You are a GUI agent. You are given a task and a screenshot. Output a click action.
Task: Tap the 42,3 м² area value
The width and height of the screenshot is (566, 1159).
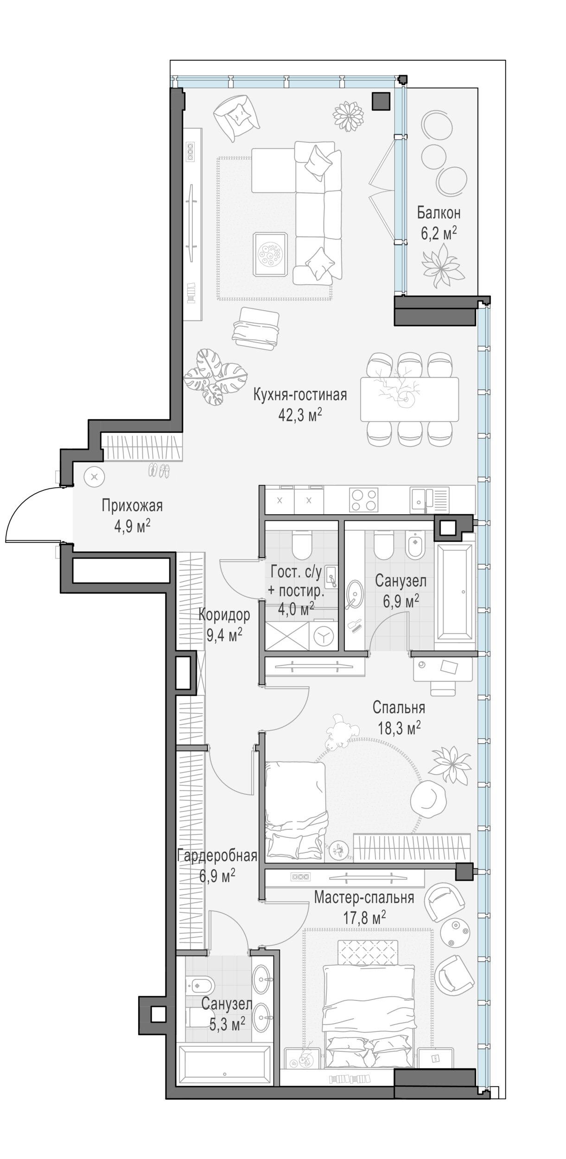(300, 415)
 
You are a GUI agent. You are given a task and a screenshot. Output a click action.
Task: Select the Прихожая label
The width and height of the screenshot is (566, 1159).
(133, 505)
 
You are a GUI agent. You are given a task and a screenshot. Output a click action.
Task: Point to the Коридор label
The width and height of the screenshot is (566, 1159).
(224, 615)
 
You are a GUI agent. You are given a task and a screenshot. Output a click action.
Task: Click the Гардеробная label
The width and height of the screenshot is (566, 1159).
(217, 855)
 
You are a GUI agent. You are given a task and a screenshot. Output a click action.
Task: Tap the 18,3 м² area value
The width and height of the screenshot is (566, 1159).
(396, 728)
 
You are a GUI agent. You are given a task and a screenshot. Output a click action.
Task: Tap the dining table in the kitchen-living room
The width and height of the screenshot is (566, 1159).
(410, 399)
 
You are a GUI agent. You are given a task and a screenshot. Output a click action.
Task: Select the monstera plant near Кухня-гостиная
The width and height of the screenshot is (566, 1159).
(216, 377)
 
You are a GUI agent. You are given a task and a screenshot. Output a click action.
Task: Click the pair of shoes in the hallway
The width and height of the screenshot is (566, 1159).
(159, 471)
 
